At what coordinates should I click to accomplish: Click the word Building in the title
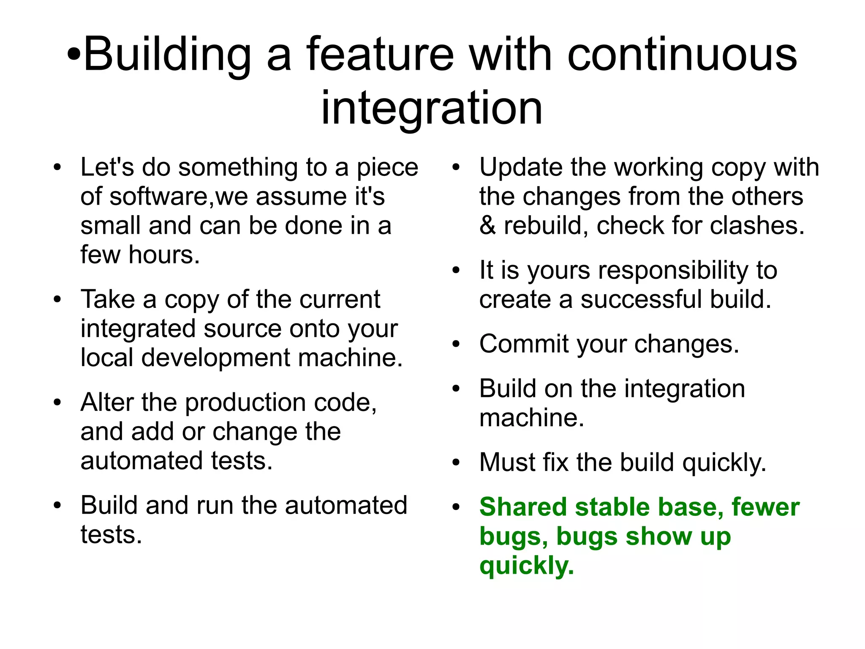tap(167, 55)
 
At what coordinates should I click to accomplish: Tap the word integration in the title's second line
tap(432, 108)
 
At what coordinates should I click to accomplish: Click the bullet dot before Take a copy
tap(57, 300)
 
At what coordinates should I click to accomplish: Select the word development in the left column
tap(215, 358)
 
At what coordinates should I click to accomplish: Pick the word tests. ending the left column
tap(111, 534)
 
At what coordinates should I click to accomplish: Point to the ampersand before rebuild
tap(487, 225)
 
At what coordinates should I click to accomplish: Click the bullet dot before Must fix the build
tap(456, 463)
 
